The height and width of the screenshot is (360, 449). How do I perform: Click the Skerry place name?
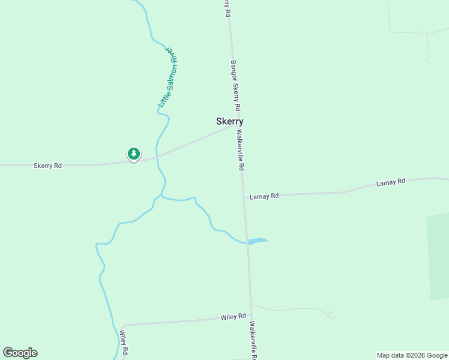click(229, 121)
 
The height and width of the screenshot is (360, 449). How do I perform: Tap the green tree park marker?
click(133, 154)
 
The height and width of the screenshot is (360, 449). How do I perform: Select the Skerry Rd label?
click(47, 165)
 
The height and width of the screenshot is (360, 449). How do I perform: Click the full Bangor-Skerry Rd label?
click(235, 85)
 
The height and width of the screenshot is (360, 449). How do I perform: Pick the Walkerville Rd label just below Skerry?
click(241, 151)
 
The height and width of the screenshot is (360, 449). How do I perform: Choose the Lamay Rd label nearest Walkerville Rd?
click(265, 196)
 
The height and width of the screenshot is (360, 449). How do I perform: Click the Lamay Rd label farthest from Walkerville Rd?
click(391, 181)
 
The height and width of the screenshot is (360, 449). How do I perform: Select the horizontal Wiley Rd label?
click(234, 316)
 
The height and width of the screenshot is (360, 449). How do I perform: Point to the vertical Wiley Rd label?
click(123, 343)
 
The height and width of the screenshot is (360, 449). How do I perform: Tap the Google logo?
click(20, 353)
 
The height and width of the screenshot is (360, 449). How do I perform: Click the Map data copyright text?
click(412, 355)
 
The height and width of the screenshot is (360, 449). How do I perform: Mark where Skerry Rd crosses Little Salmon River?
click(158, 157)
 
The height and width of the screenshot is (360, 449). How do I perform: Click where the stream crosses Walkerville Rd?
click(247, 242)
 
